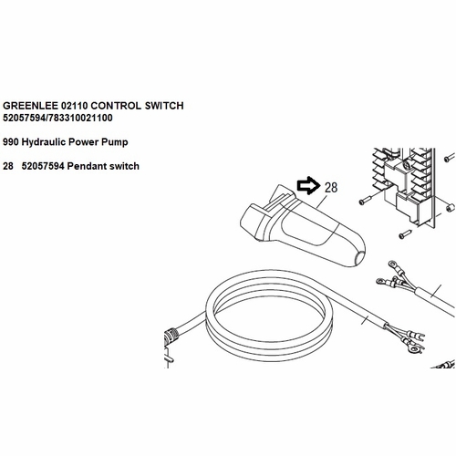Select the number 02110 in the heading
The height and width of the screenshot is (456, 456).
[x=74, y=106]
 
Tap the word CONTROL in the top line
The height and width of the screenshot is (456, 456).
[x=116, y=106]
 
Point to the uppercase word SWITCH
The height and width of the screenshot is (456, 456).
[x=164, y=106]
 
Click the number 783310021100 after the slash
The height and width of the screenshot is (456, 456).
[x=80, y=118]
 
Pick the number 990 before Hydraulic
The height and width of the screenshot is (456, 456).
[x=11, y=142]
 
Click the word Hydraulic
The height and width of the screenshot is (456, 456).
[x=44, y=142]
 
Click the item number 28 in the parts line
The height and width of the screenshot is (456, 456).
[x=8, y=166]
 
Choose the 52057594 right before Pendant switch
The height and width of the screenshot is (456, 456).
[x=43, y=166]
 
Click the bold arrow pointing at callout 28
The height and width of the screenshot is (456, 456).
[x=308, y=185]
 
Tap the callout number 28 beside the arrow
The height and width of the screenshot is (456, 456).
[x=331, y=188]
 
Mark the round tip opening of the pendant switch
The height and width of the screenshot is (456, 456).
[x=360, y=257]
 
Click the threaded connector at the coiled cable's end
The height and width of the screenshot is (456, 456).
[x=171, y=337]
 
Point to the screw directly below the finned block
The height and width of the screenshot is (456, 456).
[x=405, y=234]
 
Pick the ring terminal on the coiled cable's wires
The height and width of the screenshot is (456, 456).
[x=414, y=349]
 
